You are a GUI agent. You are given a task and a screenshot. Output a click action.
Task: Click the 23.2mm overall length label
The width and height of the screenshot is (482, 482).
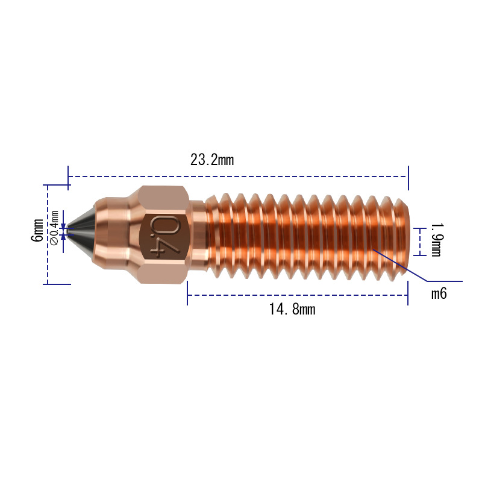(x=212, y=160)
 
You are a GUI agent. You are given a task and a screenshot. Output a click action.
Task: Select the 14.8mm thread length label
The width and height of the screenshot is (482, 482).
(x=292, y=309)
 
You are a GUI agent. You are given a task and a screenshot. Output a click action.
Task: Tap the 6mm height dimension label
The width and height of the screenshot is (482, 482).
(x=37, y=230)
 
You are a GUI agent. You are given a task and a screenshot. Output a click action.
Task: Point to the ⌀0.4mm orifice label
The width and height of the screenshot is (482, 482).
(x=54, y=228)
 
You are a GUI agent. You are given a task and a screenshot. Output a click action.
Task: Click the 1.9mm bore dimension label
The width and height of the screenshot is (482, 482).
(x=436, y=240)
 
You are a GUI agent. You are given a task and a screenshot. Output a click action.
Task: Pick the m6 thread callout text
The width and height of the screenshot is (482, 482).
(x=439, y=293)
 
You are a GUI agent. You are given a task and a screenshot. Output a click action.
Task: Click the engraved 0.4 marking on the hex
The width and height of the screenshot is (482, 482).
(x=164, y=236)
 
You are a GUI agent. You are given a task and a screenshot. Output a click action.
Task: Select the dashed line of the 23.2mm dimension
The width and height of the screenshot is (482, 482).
(x=238, y=177)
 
